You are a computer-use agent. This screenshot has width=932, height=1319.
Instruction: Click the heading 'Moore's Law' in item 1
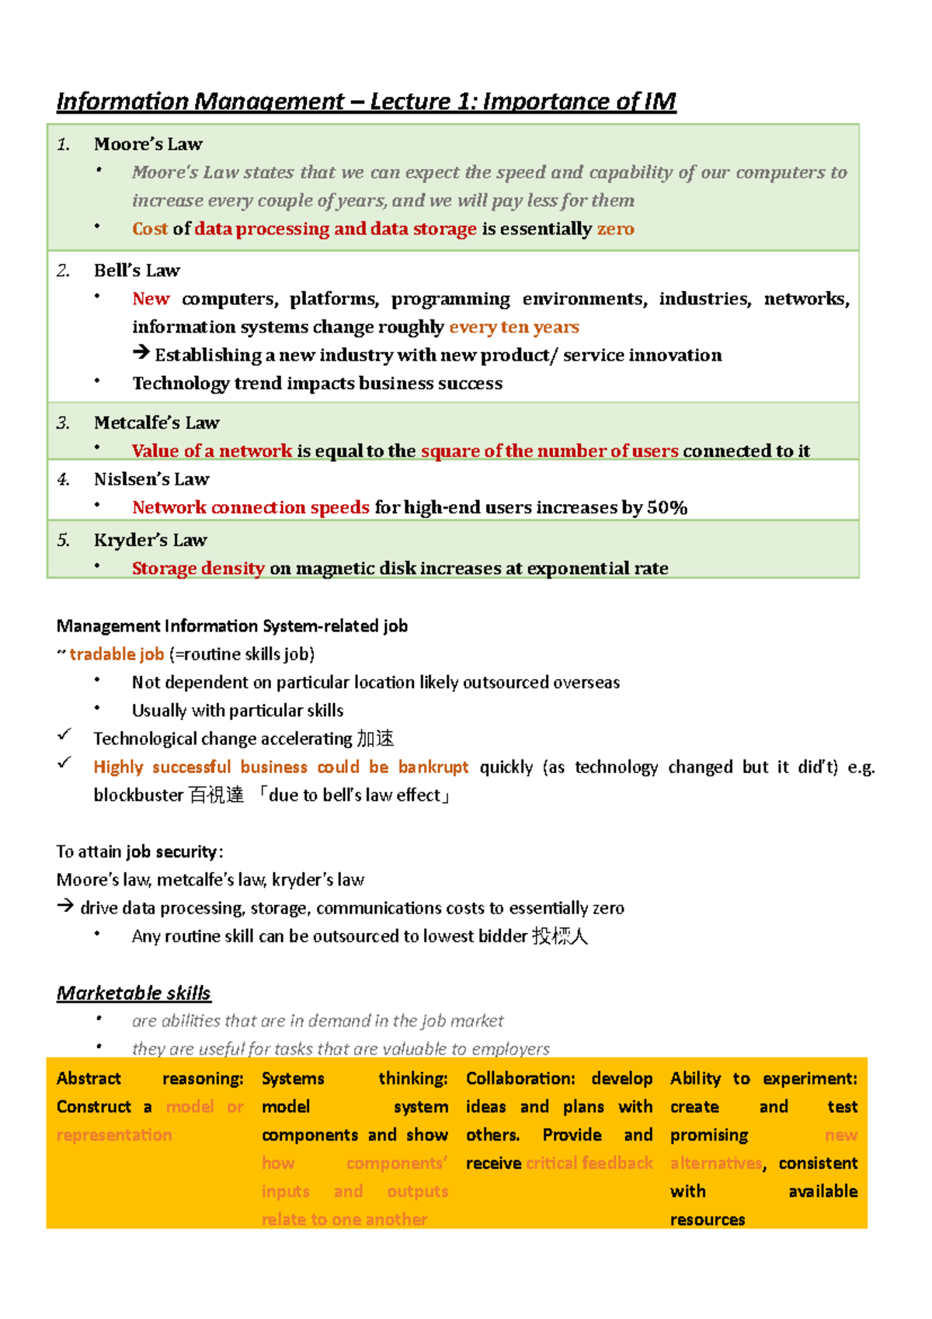(148, 144)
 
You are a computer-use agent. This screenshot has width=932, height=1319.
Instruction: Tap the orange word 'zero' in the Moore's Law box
(615, 229)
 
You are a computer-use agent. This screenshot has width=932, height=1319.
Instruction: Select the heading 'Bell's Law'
(137, 271)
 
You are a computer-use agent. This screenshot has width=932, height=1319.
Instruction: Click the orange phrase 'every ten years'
(514, 327)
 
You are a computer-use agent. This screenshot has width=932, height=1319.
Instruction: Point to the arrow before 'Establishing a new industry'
(141, 353)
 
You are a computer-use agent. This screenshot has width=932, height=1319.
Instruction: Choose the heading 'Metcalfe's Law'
(156, 423)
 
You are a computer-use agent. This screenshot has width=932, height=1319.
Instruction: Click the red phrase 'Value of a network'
(211, 451)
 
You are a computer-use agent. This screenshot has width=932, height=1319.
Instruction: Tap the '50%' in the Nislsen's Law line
(667, 508)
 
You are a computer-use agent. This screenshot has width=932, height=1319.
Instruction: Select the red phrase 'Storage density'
(198, 569)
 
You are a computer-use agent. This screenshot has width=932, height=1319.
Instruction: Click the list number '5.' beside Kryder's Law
(64, 541)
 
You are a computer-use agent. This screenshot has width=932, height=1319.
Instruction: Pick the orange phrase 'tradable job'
(116, 655)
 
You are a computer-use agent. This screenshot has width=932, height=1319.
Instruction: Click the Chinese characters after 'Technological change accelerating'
(374, 739)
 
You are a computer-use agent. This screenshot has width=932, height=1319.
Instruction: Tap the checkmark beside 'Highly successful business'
(64, 764)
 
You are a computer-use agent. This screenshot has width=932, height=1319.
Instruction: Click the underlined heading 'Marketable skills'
(134, 994)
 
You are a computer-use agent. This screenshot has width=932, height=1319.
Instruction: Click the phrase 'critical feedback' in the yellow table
(589, 1164)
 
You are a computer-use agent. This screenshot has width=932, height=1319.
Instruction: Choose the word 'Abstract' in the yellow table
(89, 1079)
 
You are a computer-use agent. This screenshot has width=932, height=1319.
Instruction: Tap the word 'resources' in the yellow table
(707, 1220)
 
